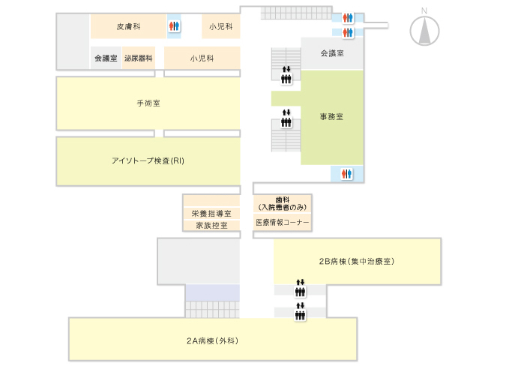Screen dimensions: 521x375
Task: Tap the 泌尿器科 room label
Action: [139, 58]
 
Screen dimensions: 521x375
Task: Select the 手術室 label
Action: [148, 103]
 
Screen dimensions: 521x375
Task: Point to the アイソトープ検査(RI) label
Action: [148, 160]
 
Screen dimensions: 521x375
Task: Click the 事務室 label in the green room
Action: [331, 116]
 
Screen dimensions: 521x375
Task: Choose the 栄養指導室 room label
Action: [211, 214]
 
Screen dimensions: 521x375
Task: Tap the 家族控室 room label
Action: [211, 225]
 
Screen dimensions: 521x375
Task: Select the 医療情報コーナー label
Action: [282, 223]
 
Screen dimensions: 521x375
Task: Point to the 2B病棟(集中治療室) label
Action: [357, 262]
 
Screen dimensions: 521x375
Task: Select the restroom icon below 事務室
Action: [346, 173]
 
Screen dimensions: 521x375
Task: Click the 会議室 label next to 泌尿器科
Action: [106, 58]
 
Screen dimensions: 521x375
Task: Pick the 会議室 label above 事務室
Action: [331, 53]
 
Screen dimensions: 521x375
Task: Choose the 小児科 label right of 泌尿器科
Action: [202, 58]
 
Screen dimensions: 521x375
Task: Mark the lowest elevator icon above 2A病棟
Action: [300, 312]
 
